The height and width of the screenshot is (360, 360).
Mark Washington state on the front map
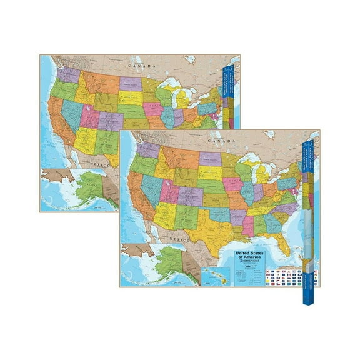147,150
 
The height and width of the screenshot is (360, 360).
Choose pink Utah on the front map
169,191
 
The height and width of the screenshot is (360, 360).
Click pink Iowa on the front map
232,183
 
